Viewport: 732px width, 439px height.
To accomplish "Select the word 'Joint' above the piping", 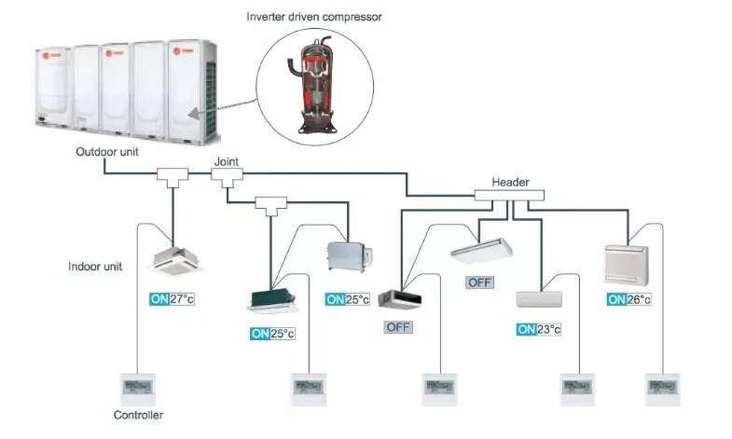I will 227,161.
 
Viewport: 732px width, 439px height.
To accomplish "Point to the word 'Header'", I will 509,184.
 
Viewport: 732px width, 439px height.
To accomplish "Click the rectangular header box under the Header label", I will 508,197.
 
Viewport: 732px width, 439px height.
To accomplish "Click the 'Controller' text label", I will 138,415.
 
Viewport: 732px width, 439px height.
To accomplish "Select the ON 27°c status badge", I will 172,299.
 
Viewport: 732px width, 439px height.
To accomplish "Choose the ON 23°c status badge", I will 539,329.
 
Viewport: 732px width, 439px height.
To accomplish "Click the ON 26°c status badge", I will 628,299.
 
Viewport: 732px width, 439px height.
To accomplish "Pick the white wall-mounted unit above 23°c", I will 541,299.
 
